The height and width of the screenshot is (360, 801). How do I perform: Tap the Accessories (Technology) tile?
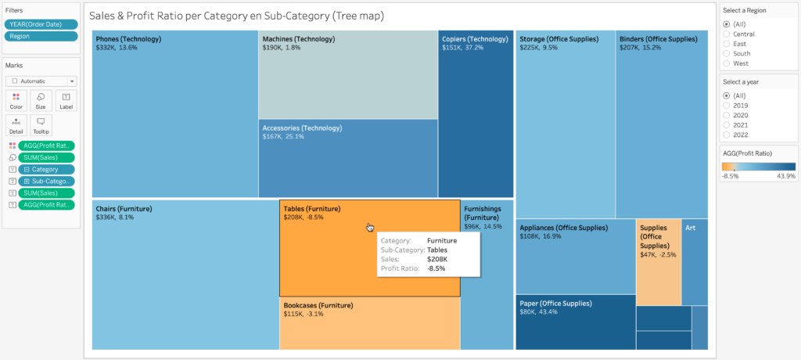coord(347,160)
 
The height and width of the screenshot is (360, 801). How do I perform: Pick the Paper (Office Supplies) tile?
coord(575,322)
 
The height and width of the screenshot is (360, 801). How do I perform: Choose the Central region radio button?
coord(727,34)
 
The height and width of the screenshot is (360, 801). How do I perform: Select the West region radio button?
coord(727,63)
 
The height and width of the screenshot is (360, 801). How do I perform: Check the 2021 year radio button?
coord(727,124)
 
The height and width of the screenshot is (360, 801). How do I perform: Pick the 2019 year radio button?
coord(727,105)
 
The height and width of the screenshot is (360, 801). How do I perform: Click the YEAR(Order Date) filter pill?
coord(41,24)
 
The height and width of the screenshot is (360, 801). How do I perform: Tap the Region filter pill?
coord(41,36)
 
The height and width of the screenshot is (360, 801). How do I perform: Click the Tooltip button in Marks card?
coord(41,124)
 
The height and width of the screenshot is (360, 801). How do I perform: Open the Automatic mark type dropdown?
coord(41,81)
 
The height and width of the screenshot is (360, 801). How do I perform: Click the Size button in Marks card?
coord(41,99)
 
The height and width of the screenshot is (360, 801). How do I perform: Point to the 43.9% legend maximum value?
coord(786,176)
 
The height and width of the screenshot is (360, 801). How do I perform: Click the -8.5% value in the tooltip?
coord(436,268)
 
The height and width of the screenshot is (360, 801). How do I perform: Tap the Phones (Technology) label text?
coord(128,38)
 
